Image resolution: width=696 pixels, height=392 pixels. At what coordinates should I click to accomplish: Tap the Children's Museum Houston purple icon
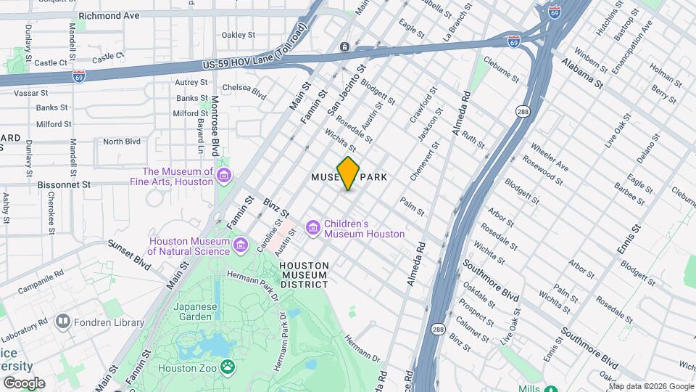[313, 229]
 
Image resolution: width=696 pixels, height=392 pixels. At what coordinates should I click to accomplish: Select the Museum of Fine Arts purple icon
[224, 176]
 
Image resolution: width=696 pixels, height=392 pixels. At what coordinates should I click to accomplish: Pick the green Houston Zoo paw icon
[228, 367]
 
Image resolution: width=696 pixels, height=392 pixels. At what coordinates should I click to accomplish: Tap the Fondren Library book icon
[63, 321]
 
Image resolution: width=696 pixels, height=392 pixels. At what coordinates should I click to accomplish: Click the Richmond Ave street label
[109, 15]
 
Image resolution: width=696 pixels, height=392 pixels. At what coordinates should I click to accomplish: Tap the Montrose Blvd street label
[215, 126]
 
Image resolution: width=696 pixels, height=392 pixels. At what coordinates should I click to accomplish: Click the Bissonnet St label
[66, 185]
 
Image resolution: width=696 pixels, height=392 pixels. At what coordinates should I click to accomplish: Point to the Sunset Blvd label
[128, 254]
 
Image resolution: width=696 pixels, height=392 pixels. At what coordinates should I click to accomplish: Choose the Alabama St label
[582, 73]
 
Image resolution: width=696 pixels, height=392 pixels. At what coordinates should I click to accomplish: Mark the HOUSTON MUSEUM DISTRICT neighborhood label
[304, 275]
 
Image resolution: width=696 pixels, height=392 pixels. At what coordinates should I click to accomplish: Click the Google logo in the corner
[24, 383]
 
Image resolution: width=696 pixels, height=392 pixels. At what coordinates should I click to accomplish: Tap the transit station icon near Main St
[344, 47]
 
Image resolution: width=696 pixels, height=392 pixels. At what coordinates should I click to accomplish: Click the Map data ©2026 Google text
[650, 385]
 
